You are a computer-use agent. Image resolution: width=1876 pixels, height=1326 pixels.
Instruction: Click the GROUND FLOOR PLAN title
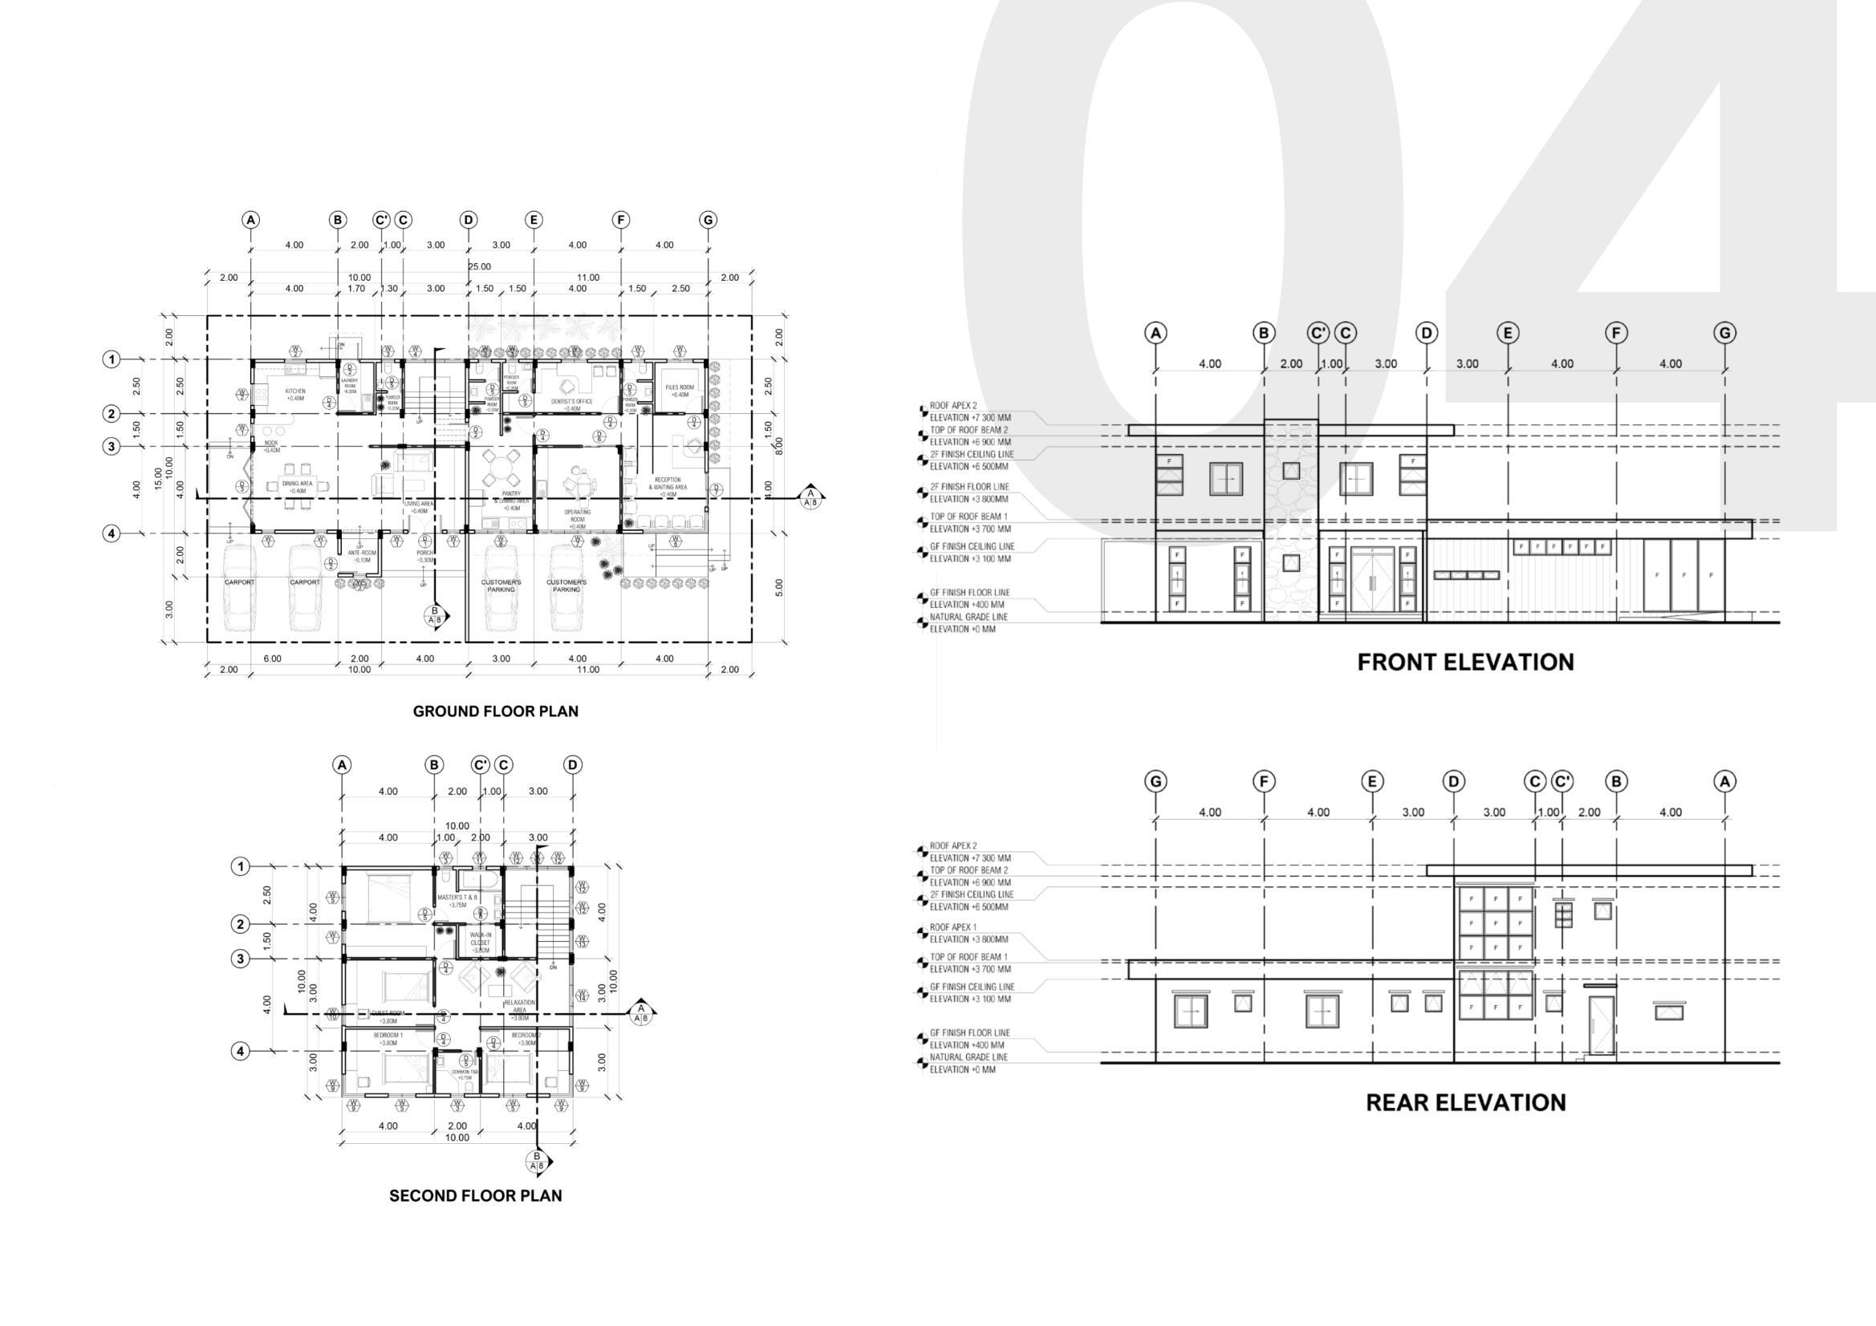pyautogui.click(x=495, y=711)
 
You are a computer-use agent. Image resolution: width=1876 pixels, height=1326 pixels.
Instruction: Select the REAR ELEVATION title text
pyautogui.click(x=1465, y=1102)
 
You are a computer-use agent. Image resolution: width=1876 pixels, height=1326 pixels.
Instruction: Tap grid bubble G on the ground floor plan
pyautogui.click(x=708, y=220)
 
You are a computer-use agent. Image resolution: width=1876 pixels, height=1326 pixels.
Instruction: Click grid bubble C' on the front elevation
pyautogui.click(x=1319, y=333)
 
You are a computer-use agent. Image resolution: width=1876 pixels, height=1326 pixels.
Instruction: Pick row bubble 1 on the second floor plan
pyautogui.click(x=240, y=866)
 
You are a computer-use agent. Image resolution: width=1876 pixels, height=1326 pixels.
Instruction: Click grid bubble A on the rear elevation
pyautogui.click(x=1725, y=782)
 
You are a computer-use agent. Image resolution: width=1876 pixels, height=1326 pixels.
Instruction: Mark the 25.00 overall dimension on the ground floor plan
pyautogui.click(x=480, y=266)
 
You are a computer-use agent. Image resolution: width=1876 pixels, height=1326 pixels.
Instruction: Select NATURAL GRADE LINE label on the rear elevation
pyautogui.click(x=968, y=1057)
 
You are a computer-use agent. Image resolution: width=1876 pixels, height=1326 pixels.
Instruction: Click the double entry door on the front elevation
pyautogui.click(x=1373, y=580)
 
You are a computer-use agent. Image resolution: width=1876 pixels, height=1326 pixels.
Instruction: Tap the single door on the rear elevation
pyautogui.click(x=1601, y=1026)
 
